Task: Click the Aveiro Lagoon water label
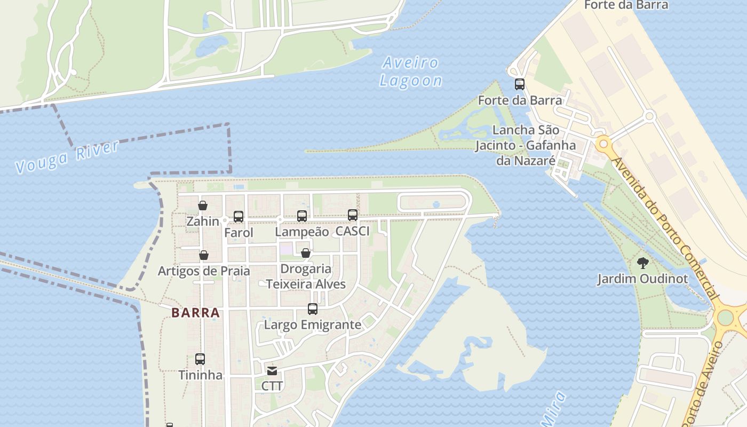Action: pyautogui.click(x=410, y=72)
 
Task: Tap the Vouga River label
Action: pyautogui.click(x=67, y=157)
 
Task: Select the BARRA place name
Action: pyautogui.click(x=196, y=313)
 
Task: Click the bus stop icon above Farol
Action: pyautogui.click(x=239, y=216)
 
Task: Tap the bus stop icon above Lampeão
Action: pyautogui.click(x=302, y=216)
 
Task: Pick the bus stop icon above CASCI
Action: pyautogui.click(x=353, y=215)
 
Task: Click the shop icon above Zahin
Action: pyautogui.click(x=203, y=205)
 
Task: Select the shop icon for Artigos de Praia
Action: pyautogui.click(x=203, y=255)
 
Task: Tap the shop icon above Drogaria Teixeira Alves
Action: pyautogui.click(x=306, y=253)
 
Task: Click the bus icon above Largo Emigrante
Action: pyautogui.click(x=313, y=309)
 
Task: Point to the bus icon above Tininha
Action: pyautogui.click(x=200, y=359)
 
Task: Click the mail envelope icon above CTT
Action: pyautogui.click(x=272, y=370)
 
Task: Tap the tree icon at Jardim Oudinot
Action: pyautogui.click(x=643, y=263)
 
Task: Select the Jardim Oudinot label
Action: pyautogui.click(x=642, y=279)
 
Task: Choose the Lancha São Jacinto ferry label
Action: pyautogui.click(x=526, y=145)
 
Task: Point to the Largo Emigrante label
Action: pyautogui.click(x=313, y=325)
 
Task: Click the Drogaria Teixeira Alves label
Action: pyautogui.click(x=306, y=276)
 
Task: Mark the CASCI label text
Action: pyautogui.click(x=353, y=231)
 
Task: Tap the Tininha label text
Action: pyautogui.click(x=200, y=375)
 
